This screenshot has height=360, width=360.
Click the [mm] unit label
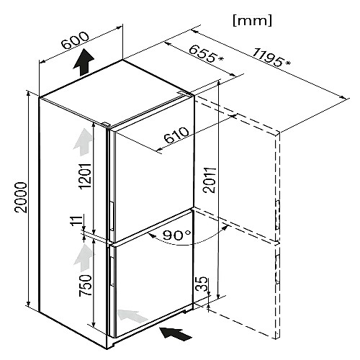point(253,21)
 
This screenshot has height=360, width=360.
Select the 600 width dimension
point(75,40)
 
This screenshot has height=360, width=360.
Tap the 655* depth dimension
point(206,54)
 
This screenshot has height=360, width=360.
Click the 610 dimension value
point(176,135)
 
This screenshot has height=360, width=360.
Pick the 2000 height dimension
point(20,197)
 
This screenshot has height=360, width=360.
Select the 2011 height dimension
point(210,180)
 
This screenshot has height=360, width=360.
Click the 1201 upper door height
point(86,176)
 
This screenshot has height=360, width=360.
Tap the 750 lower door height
point(86,285)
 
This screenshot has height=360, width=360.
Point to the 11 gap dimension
point(78,220)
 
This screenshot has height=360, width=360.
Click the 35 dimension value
point(202,284)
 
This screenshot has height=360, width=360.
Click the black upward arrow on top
point(84,62)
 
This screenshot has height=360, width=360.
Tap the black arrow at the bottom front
point(176,333)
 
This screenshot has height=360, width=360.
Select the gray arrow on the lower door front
point(132,315)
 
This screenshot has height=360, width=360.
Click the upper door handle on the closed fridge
point(112,215)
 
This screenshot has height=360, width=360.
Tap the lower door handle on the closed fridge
point(112,271)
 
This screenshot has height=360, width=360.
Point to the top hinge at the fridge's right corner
point(184,93)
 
